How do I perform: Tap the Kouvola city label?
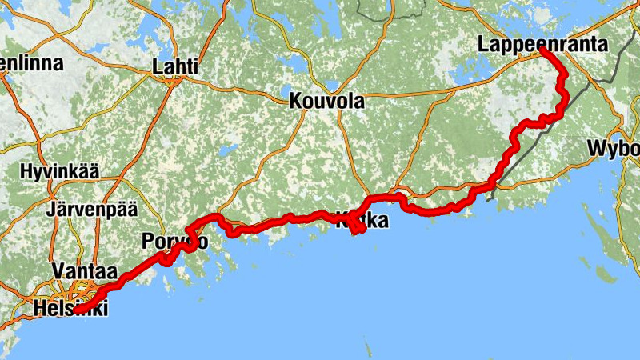[326, 102]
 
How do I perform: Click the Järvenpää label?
[92, 210]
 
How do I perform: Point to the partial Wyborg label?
[614, 149]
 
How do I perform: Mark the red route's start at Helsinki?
[78, 310]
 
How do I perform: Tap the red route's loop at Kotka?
[359, 227]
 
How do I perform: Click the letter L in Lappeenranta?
[484, 45]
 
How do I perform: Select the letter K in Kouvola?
[294, 102]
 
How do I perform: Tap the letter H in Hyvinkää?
[25, 172]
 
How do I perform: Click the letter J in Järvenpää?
[51, 210]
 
